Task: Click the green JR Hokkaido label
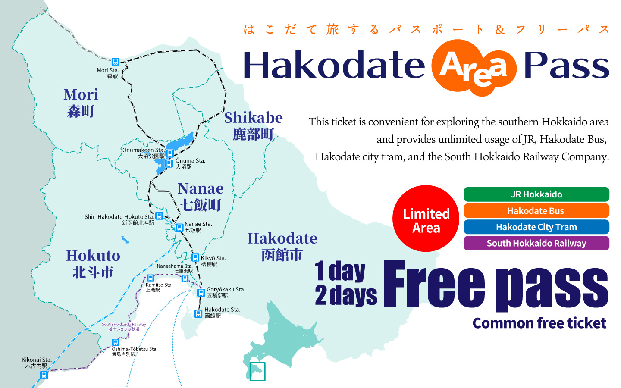pyautogui.click(x=536, y=194)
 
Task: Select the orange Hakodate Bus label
pyautogui.click(x=536, y=211)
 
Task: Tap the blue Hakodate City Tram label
pyautogui.click(x=536, y=227)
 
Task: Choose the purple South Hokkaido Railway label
pyautogui.click(x=536, y=243)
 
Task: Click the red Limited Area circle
pyautogui.click(x=426, y=219)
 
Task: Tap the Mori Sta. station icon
pyautogui.click(x=115, y=62)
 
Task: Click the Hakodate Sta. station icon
pyautogui.click(x=198, y=314)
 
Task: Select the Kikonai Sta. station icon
pyautogui.click(x=44, y=375)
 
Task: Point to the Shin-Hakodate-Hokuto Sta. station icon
pyautogui.click(x=159, y=216)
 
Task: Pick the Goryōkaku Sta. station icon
pyautogui.click(x=201, y=293)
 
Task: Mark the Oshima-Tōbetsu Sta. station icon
pyautogui.click(x=115, y=342)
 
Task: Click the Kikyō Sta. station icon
pyautogui.click(x=195, y=258)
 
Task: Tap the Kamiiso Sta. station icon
pyautogui.click(x=151, y=278)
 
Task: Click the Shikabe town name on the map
pyautogui.click(x=254, y=125)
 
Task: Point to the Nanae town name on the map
pyautogui.click(x=201, y=197)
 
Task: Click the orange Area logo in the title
pyautogui.click(x=474, y=68)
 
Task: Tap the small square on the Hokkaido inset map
pyautogui.click(x=257, y=371)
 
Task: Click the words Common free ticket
pyautogui.click(x=539, y=323)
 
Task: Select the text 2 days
pyautogui.click(x=346, y=295)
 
